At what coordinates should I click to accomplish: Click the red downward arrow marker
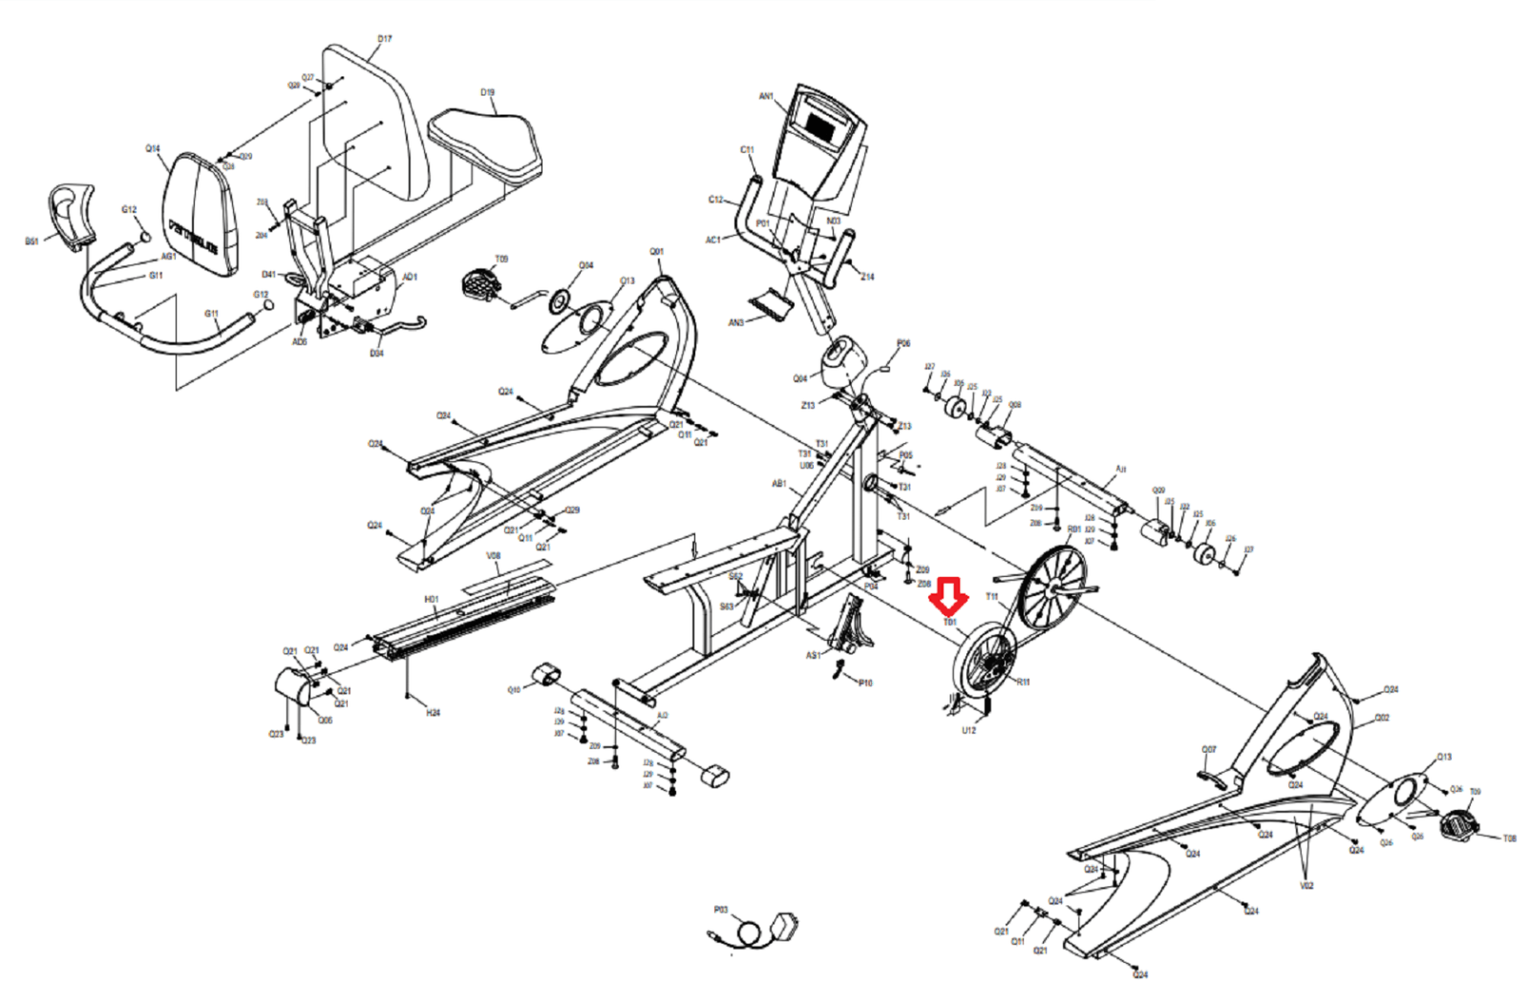pos(948,596)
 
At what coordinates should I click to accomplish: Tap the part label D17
pos(384,39)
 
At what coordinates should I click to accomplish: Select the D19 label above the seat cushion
pos(487,93)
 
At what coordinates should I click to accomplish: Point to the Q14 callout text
pos(153,149)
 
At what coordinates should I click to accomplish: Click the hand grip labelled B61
pos(72,215)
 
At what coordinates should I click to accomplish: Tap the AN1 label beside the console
pos(766,96)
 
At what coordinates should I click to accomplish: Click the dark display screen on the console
pos(820,124)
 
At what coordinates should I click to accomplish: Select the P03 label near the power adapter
pos(721,910)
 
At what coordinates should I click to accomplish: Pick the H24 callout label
pos(433,713)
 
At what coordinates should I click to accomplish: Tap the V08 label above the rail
pos(493,556)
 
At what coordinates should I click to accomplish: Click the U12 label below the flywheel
pos(968,731)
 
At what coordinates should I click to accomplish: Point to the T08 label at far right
pos(1509,839)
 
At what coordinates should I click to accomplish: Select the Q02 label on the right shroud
pos(1382,717)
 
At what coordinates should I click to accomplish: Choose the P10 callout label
pos(865,683)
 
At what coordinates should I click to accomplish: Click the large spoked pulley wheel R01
pos(1051,586)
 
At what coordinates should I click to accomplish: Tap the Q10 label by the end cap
pos(514,689)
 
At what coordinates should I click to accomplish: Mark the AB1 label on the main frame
pos(778,483)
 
